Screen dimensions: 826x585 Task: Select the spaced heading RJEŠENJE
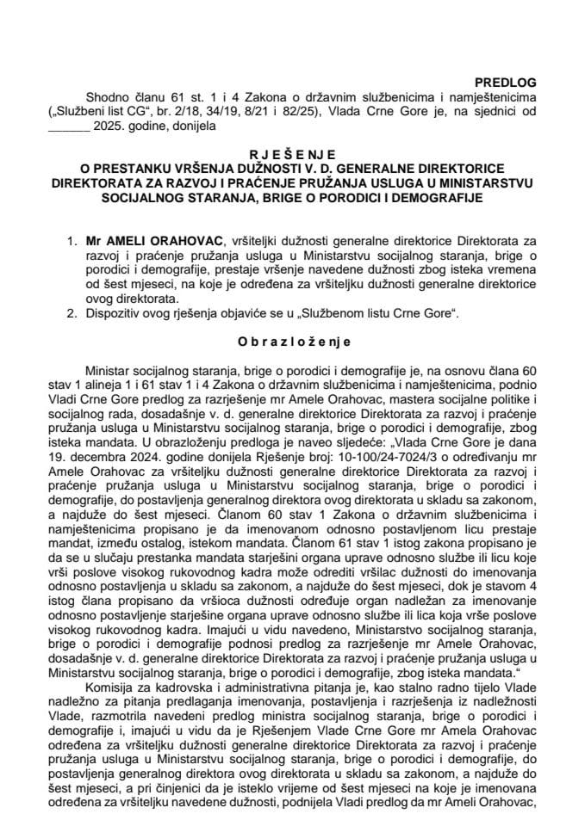[292, 156]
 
